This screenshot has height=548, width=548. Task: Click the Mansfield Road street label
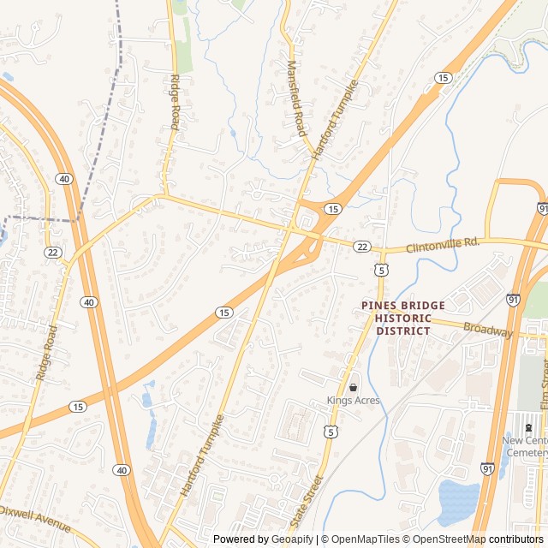click(295, 98)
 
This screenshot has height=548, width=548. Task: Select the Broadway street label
click(487, 330)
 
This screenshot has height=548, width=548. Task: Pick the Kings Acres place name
click(353, 401)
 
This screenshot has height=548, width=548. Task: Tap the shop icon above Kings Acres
click(353, 387)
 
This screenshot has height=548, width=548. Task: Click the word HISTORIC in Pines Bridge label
click(402, 318)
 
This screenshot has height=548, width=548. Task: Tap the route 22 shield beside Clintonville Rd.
click(362, 247)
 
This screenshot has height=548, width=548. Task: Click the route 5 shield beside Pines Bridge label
click(379, 270)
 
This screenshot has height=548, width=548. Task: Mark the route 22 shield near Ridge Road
click(53, 253)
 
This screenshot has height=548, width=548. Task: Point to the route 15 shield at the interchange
click(333, 208)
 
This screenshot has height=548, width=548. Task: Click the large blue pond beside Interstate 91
click(458, 501)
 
